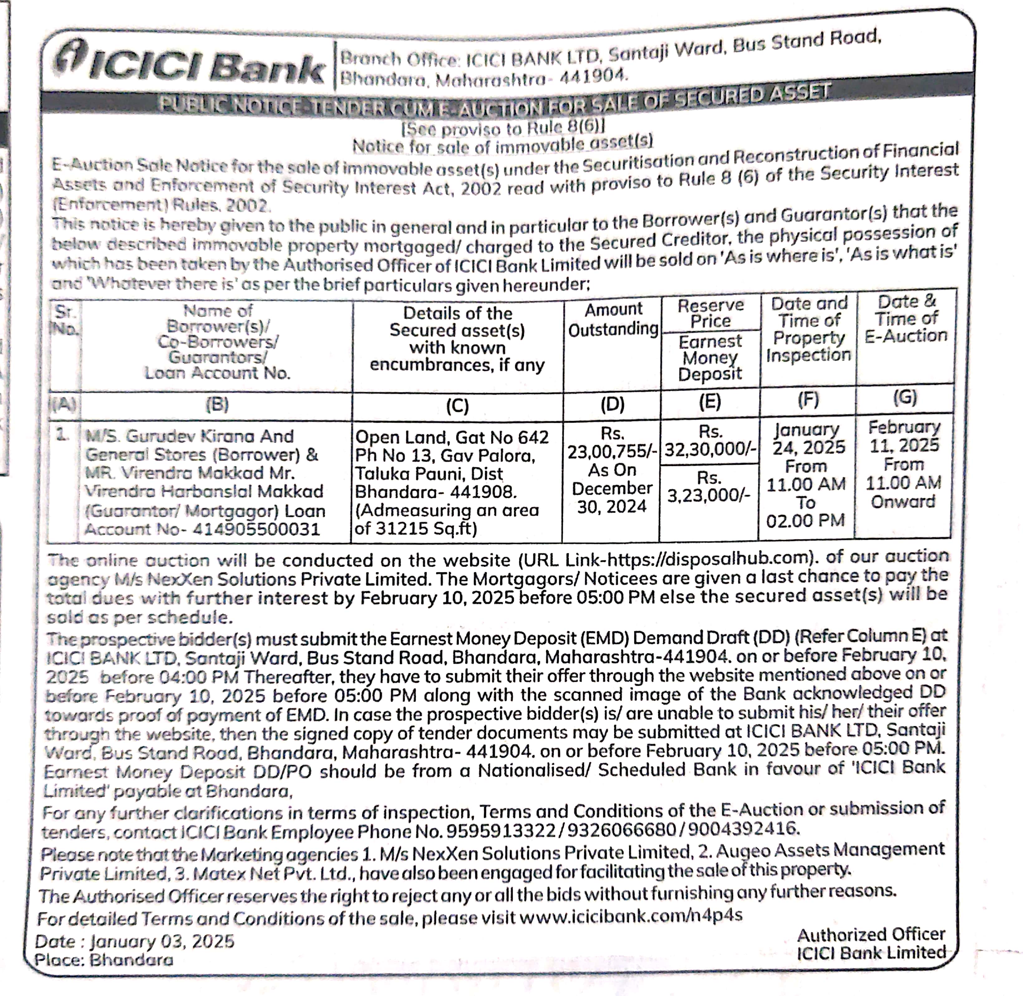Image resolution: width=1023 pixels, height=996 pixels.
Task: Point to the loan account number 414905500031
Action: (257, 529)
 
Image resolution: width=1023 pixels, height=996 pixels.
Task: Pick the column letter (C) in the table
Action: (457, 406)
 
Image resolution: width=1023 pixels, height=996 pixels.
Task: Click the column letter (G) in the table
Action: (905, 398)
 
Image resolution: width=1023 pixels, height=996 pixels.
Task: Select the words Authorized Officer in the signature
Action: (871, 934)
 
